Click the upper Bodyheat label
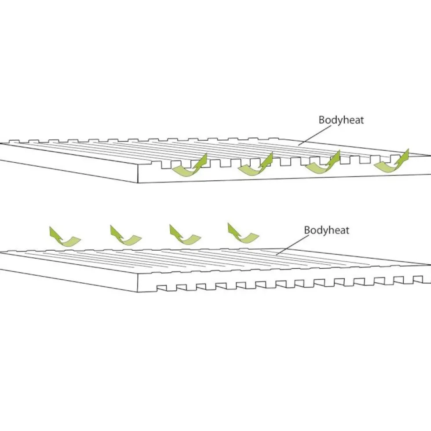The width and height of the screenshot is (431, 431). point(341,120)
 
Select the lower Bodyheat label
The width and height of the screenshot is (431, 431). point(326,230)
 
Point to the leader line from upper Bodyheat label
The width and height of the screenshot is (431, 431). point(315,135)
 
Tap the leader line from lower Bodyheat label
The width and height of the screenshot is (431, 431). point(292,245)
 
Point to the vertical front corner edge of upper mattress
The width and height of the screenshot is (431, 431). point(137,174)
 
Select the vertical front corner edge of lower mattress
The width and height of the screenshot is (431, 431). point(137,283)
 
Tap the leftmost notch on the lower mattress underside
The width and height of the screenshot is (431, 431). point(162,288)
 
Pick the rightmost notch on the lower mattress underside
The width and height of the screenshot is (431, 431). point(418,279)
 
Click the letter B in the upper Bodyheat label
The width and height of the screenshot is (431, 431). point(322,120)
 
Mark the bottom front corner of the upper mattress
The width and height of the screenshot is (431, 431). point(137,183)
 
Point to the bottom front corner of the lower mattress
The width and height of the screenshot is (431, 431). point(137,292)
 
